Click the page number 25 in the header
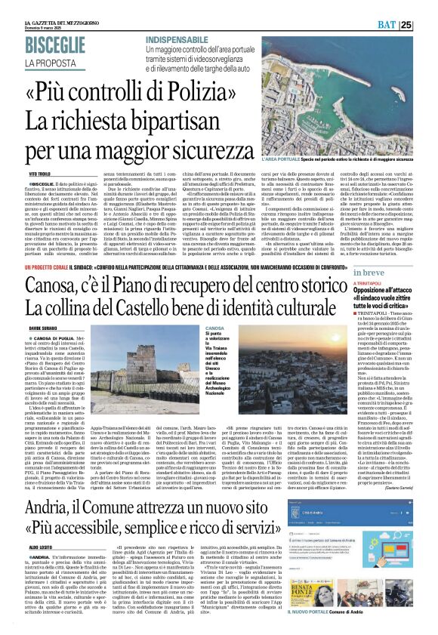(x=427, y=25)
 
